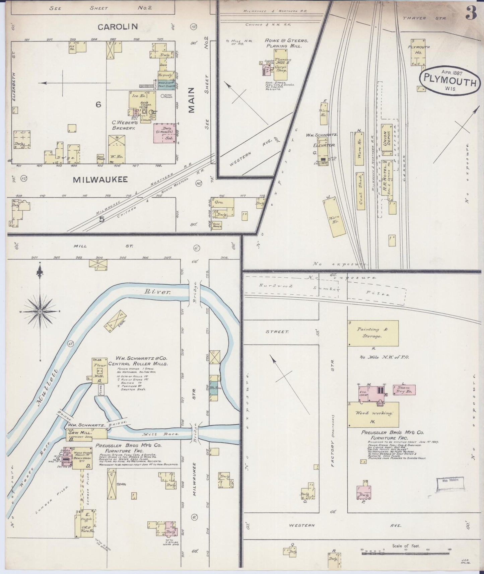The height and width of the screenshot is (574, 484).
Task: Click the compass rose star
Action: click(40, 312)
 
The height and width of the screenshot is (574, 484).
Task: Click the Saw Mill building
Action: click(86, 433)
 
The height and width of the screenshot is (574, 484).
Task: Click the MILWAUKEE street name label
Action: click(100, 180)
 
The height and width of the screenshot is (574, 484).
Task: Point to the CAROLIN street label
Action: click(118, 27)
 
